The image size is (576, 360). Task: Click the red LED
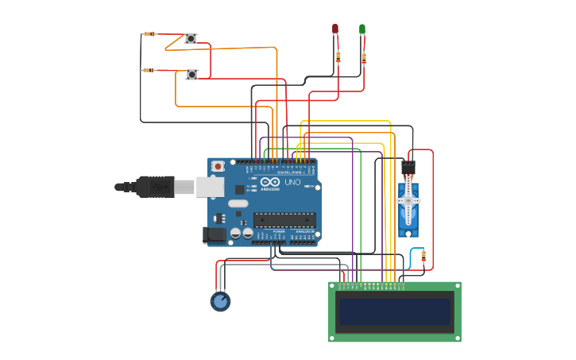point(335,29)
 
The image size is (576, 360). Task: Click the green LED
point(362,29)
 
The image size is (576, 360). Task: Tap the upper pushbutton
point(191,38)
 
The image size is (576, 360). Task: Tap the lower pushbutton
point(191,74)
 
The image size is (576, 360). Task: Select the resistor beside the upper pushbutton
point(149,34)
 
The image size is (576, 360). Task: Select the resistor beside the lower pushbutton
point(149,70)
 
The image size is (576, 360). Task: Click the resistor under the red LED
point(338,56)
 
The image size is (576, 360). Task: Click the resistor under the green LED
point(364,57)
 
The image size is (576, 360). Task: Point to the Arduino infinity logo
point(269,182)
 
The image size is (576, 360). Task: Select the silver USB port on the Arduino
point(209,187)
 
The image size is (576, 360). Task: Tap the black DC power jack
point(214,234)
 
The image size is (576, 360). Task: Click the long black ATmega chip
point(284,220)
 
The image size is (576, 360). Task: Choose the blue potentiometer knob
point(220,301)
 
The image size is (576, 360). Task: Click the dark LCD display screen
point(395,312)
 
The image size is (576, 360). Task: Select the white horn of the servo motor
point(408,201)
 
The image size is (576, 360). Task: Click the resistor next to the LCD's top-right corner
point(423,256)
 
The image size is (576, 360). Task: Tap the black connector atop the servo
point(408,168)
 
